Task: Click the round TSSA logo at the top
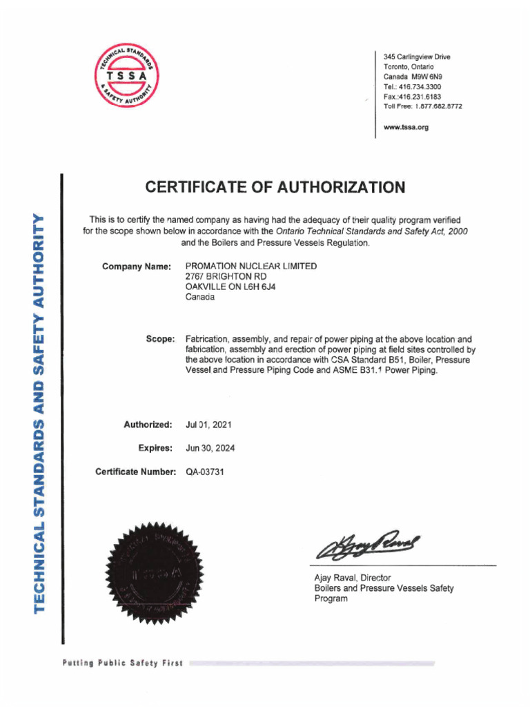point(127,75)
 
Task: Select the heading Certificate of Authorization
point(275,187)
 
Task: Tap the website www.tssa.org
point(406,127)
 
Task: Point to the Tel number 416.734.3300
point(422,87)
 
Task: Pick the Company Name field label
point(136,267)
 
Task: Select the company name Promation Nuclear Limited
point(251,266)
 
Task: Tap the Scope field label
point(160,339)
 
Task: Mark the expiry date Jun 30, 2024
point(210,448)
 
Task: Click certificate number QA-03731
point(205,472)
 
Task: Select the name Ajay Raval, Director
point(353,578)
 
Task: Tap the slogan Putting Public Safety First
point(122,664)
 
